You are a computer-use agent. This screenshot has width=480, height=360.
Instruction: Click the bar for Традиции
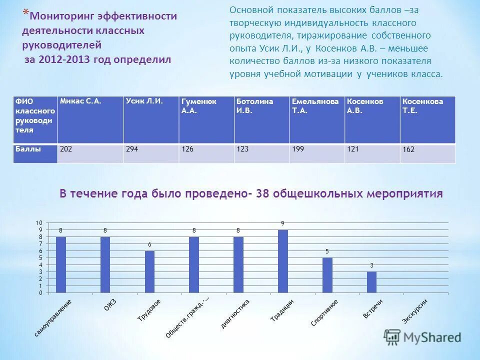click(283, 261)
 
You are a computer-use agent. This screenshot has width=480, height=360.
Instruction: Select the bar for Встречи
click(371, 282)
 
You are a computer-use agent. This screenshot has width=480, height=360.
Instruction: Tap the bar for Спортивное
click(327, 275)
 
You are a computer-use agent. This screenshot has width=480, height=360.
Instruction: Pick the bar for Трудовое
click(150, 271)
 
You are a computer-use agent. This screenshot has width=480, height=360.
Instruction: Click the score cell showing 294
click(151, 153)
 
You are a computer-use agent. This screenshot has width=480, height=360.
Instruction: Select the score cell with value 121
click(372, 153)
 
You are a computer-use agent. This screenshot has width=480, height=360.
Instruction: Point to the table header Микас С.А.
click(90, 120)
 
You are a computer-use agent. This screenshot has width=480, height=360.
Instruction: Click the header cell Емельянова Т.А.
click(317, 120)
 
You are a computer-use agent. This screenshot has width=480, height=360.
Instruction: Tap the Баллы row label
click(35, 153)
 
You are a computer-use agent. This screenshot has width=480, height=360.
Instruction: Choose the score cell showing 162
click(427, 153)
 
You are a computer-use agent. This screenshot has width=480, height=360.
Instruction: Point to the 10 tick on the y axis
click(38, 222)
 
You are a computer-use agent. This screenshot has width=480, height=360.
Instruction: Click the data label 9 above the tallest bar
click(282, 223)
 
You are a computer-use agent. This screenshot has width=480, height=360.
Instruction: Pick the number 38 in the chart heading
click(263, 194)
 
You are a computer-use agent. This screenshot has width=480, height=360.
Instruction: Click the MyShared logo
click(422, 337)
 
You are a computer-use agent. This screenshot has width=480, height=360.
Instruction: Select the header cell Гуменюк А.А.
click(206, 120)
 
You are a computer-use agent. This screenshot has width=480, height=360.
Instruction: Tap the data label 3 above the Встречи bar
click(371, 265)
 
